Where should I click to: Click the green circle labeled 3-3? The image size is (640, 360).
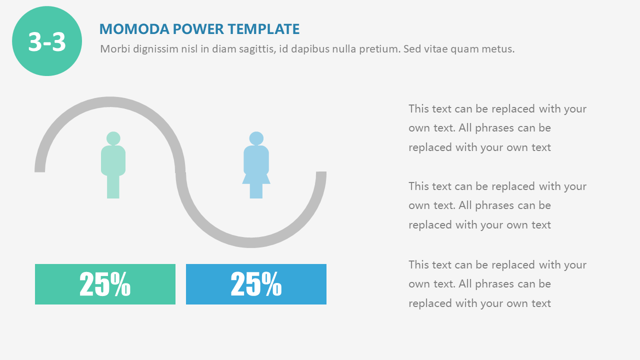[47, 41]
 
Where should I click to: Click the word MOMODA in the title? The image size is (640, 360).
[134, 29]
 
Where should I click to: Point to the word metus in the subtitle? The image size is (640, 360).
[498, 49]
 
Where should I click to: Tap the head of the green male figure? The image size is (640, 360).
[113, 138]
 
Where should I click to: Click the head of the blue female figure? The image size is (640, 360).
[256, 138]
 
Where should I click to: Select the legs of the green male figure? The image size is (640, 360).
[113, 186]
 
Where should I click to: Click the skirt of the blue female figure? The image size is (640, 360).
[256, 178]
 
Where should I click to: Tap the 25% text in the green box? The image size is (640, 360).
[105, 284]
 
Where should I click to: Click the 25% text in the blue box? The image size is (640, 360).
[256, 284]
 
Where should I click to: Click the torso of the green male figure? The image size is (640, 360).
[113, 160]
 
